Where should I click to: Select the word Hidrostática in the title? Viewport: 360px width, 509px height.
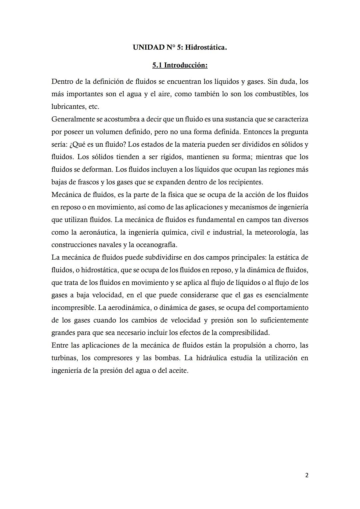coord(206,47)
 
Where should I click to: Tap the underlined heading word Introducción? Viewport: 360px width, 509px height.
coord(186,65)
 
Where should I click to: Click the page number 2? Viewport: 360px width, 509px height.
coord(307,475)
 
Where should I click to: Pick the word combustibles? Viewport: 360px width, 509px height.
coord(275,94)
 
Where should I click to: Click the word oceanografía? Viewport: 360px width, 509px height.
coord(157,245)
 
